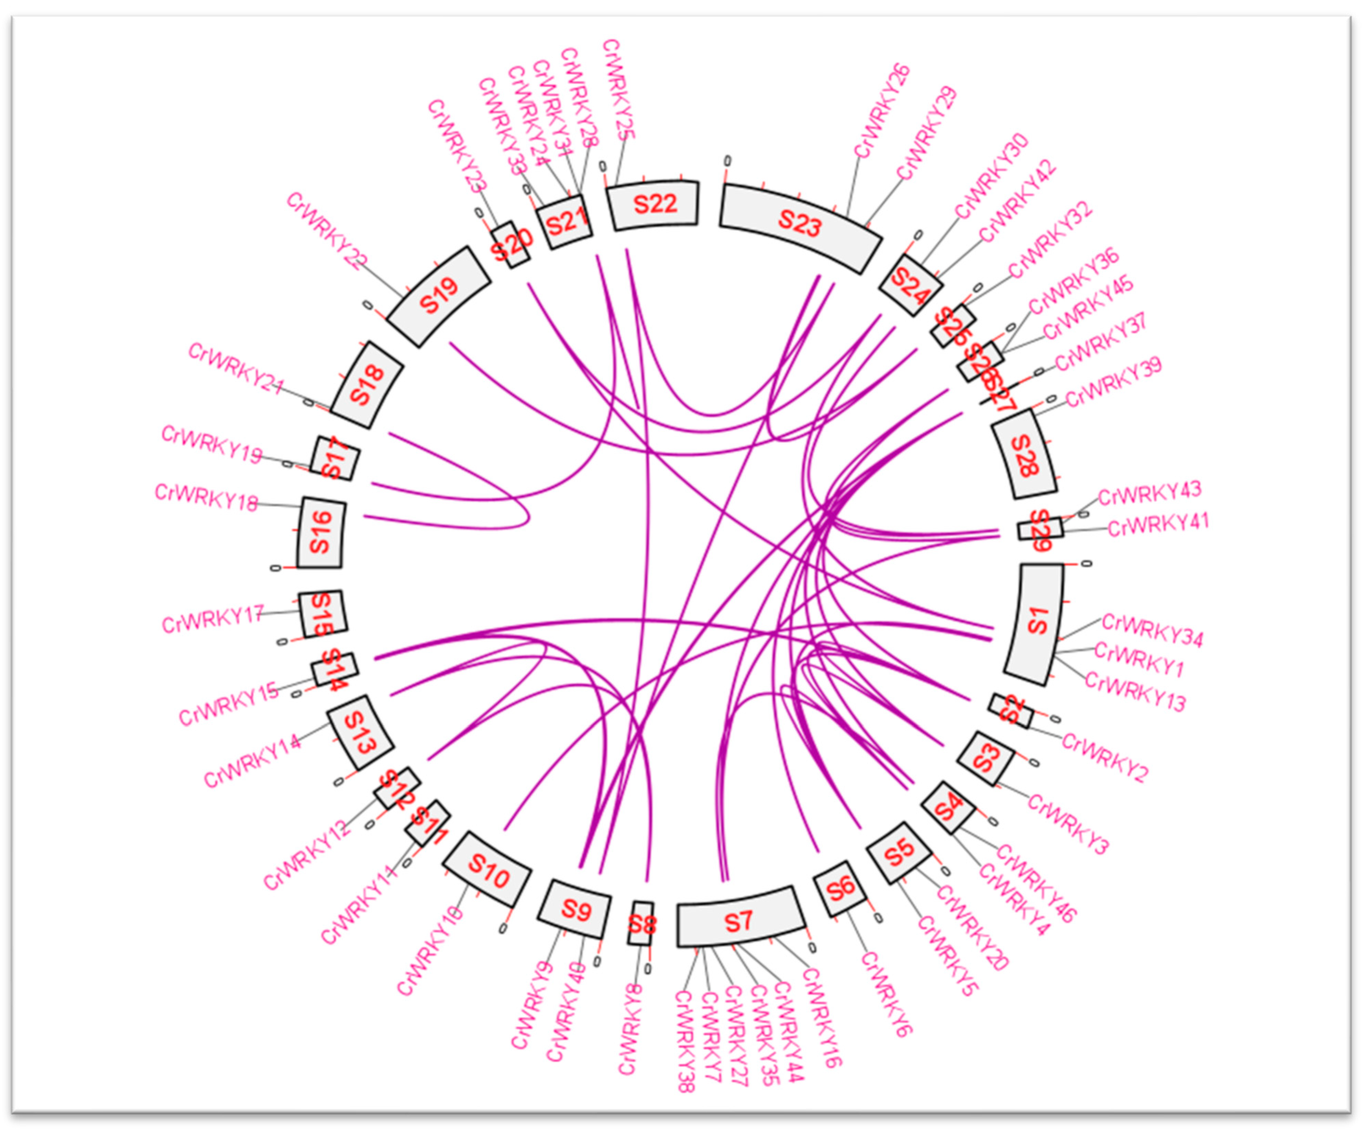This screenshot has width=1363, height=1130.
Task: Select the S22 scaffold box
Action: pyautogui.click(x=654, y=204)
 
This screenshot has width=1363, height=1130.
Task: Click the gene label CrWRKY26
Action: pyautogui.click(x=881, y=110)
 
